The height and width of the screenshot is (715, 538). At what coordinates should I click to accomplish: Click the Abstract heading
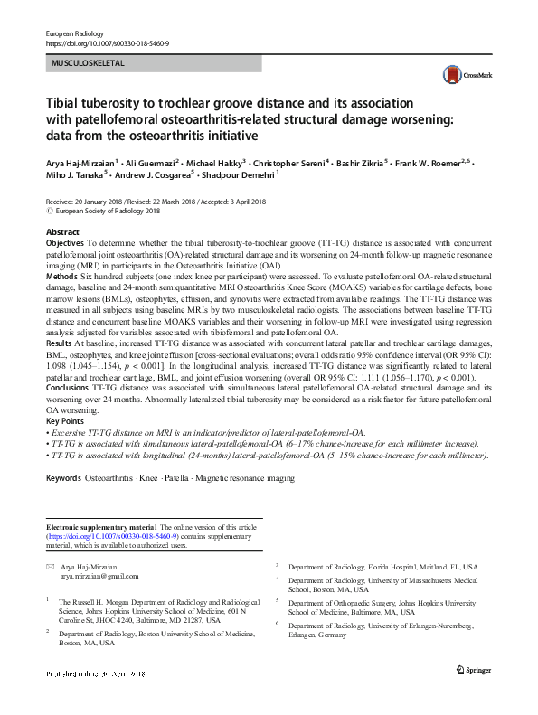(62, 232)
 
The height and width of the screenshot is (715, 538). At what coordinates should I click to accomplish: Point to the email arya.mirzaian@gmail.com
(99, 576)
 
